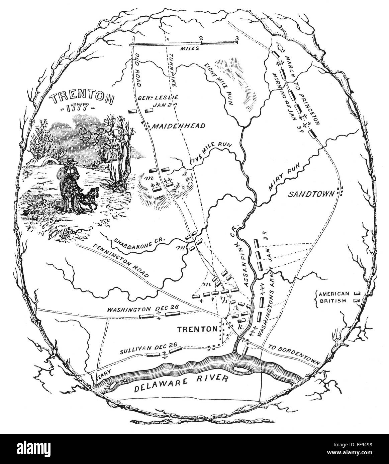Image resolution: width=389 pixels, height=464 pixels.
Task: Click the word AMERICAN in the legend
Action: point(334,294)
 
